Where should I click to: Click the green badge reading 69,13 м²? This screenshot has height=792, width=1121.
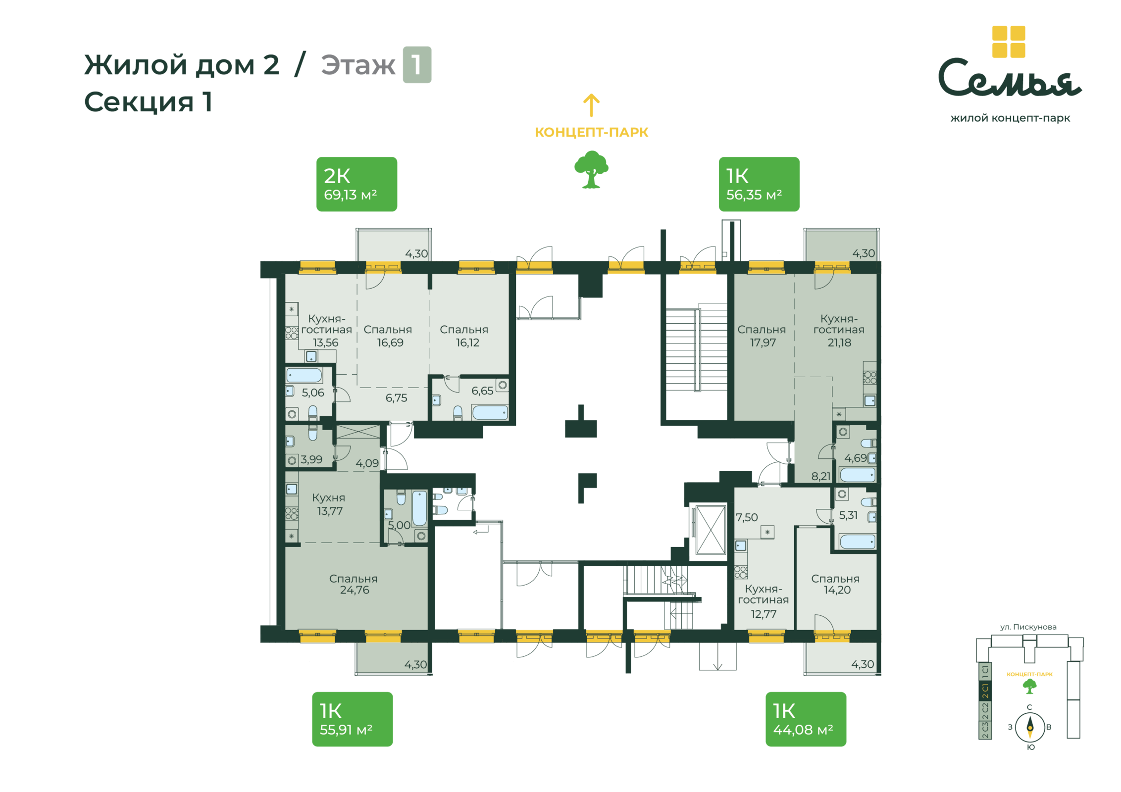point(357,184)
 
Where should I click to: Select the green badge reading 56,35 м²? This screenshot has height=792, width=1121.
point(759,184)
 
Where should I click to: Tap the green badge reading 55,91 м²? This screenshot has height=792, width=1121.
point(352,719)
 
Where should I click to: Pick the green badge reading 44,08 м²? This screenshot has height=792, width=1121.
point(806,719)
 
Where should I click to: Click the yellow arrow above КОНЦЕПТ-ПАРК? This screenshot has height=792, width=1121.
point(591,105)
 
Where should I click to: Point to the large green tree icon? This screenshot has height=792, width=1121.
point(591,169)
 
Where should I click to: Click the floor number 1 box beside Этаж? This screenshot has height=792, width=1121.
point(417,65)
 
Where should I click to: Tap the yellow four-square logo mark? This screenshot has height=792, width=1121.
point(1009,42)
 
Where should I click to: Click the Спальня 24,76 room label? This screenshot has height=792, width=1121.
point(354,584)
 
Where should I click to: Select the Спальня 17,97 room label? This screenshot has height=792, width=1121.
point(762,336)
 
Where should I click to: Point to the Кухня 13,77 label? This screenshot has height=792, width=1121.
point(329,504)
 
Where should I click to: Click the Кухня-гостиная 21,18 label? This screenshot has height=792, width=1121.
point(839,330)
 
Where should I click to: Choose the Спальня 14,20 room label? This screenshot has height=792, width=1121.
point(835,584)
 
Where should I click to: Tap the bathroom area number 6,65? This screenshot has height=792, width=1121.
point(482,391)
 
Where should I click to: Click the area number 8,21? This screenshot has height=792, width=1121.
point(821,476)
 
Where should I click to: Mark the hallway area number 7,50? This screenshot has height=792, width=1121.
point(747,517)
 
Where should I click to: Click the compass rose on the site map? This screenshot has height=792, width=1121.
point(1030,727)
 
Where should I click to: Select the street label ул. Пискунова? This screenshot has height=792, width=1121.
point(1028,627)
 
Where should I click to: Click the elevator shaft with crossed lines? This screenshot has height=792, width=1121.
point(711,530)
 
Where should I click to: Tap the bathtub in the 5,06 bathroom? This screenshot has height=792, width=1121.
point(304,375)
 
